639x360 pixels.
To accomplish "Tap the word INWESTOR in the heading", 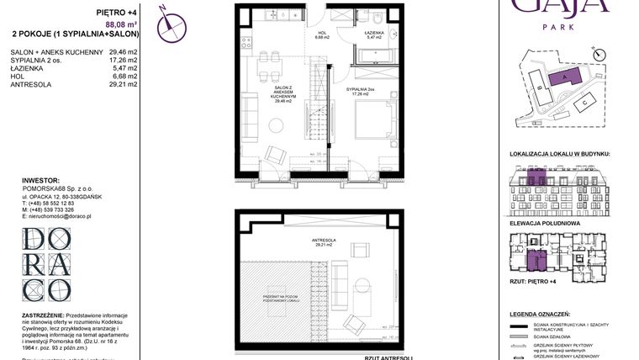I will point(40,180).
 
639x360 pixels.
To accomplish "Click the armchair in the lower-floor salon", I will point(274,156).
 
